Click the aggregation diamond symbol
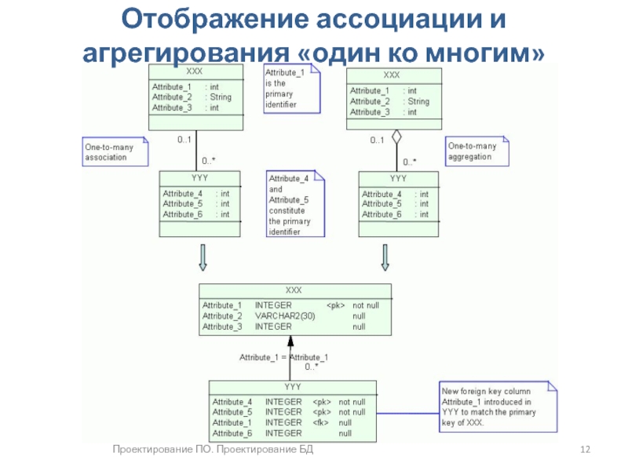396,137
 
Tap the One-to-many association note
115,152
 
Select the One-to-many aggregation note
477,151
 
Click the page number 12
585,449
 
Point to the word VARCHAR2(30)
285,316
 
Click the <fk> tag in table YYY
320,422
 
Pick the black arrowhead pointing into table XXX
290,341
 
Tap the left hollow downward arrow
203,257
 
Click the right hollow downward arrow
385,257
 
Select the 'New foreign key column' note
498,407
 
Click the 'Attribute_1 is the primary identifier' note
292,89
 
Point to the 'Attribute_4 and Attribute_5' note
296,204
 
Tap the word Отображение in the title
215,19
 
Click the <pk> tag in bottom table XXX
336,305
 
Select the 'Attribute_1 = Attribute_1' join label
283,357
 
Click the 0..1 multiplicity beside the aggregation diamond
377,141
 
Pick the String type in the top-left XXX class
221,97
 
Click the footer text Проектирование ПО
162,449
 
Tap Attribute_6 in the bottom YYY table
232,433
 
